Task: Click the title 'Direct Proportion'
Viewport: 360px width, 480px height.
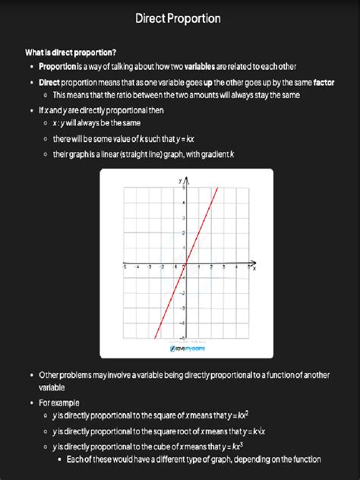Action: [x=179, y=17]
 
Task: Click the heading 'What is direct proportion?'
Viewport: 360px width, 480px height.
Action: [x=71, y=52]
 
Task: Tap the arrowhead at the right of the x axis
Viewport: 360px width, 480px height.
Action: [x=250, y=265]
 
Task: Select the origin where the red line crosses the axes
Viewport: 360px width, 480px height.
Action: [x=187, y=265]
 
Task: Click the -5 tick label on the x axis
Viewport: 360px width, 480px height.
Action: [x=125, y=269]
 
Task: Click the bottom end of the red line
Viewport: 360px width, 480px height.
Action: [x=156, y=338]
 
